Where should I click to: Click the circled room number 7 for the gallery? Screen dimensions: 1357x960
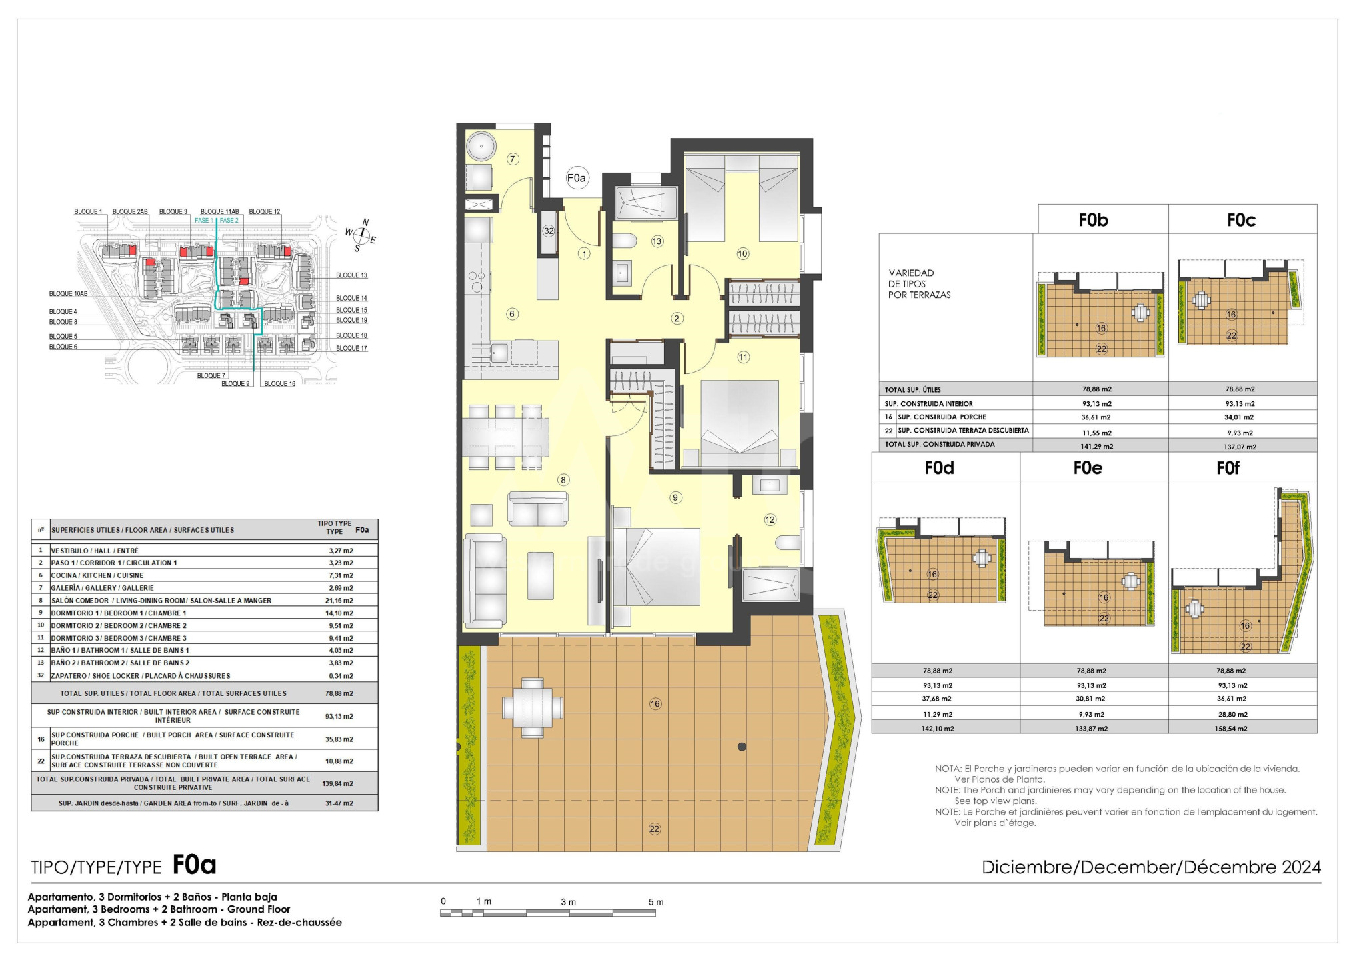tap(513, 159)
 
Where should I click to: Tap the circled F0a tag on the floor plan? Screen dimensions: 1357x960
tap(576, 178)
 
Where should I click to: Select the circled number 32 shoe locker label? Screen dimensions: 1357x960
tap(549, 231)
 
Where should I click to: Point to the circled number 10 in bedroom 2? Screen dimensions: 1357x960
tap(743, 253)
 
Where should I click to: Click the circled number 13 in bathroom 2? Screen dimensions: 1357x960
tap(657, 241)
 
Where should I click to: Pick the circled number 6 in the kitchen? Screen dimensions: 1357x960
tap(512, 314)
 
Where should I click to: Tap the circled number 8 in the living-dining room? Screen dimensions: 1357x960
tap(563, 480)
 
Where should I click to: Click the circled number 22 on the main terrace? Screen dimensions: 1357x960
tap(655, 829)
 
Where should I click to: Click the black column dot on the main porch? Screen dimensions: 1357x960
tap(742, 747)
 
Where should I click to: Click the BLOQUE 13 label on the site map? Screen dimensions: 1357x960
tap(351, 275)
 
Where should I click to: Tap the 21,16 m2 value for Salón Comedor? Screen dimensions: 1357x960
tap(340, 601)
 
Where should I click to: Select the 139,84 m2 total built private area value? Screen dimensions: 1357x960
tap(338, 783)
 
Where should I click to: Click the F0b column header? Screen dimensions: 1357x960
tap(1093, 220)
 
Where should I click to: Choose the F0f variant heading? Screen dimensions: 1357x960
tap(1228, 468)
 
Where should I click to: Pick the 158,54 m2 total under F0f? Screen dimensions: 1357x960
tap(1230, 729)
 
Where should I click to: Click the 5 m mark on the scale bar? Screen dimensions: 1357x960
tap(656, 902)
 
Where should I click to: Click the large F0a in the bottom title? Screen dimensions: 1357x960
tap(194, 865)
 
